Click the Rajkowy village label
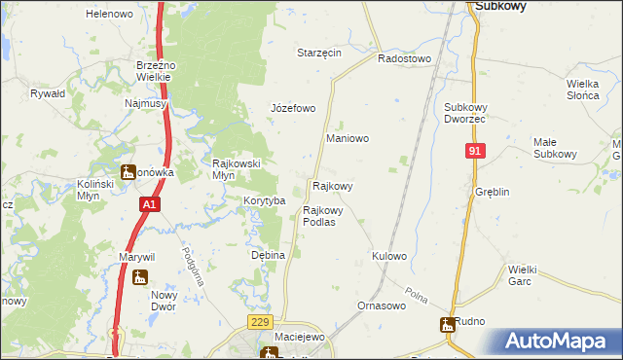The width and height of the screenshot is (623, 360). coord(332,185)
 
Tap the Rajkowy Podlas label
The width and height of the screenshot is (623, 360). coord(323,215)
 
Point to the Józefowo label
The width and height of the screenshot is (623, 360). coord(292,108)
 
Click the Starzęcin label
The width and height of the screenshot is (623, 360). coord(319,53)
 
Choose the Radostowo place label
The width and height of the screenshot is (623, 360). coord(404,58)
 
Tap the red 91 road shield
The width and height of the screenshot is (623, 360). coord(474,151)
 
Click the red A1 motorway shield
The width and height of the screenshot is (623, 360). coord(148,205)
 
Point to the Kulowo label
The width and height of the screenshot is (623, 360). coord(388,256)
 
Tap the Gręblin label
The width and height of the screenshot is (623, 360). coord(493,193)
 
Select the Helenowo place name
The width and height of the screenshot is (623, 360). coord(109,15)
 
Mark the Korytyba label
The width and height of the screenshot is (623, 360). coord(264,200)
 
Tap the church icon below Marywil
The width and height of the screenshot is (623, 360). coord(140,277)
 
